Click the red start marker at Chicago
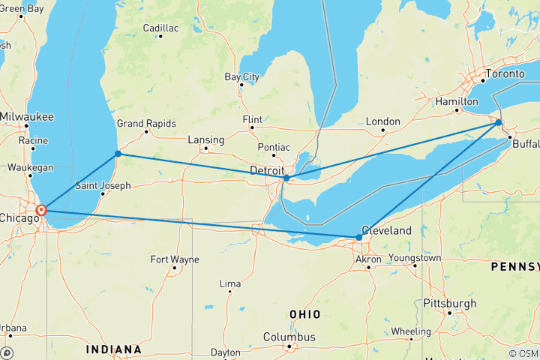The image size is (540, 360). [41, 210]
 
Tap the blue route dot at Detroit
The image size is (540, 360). [286, 178]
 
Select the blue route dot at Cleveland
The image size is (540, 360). [358, 237]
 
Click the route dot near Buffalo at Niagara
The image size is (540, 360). [499, 122]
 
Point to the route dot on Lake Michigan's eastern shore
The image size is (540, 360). [118, 154]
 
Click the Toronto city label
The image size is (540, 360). [505, 74]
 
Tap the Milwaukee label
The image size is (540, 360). [25, 117]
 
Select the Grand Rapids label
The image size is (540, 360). [146, 124]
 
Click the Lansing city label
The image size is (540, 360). [205, 139]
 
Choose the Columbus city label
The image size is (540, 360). [289, 337]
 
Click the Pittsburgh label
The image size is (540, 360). [448, 303]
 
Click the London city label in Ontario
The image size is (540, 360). [382, 121]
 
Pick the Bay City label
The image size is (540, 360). [242, 76]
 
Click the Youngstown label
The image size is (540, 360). [415, 258]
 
